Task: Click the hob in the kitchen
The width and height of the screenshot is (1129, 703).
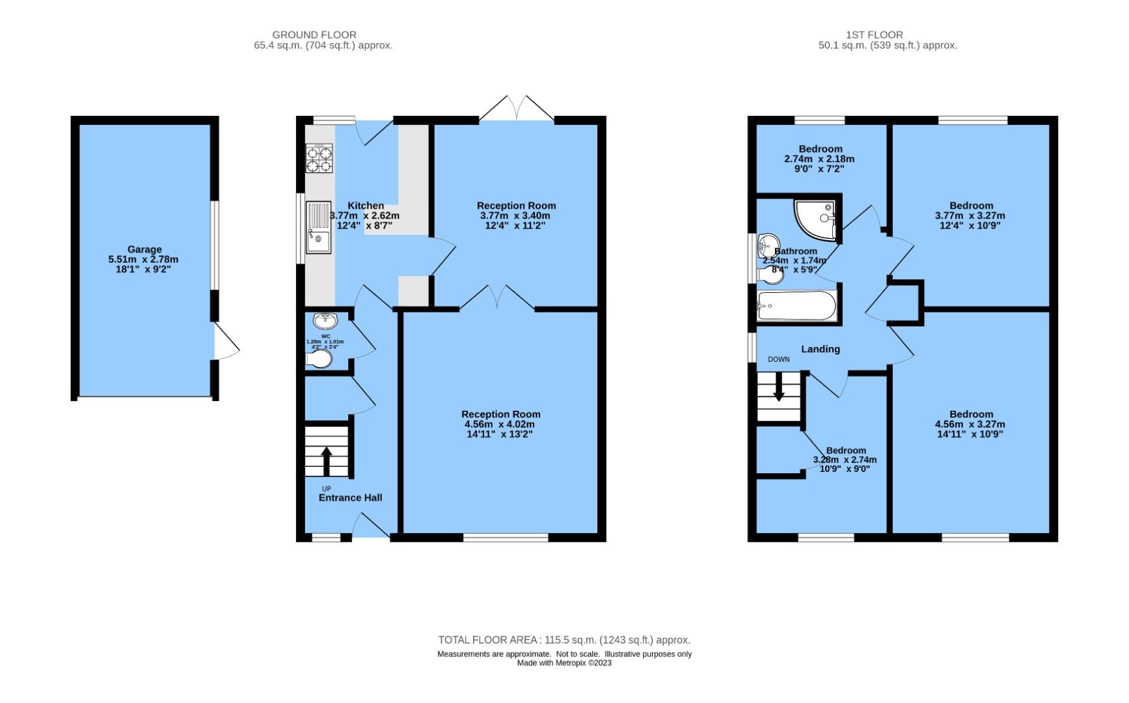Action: point(319,158)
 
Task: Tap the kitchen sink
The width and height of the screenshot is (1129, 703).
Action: point(319,227)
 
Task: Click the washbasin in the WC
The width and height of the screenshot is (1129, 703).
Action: point(325,321)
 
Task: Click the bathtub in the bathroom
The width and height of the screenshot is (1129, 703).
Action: point(797,306)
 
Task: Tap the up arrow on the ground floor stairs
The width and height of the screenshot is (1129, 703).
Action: point(326,460)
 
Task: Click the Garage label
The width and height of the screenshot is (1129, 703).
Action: point(144,249)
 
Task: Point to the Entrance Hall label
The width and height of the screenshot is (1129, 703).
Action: point(350,498)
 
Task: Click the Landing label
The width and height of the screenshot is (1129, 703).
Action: point(820,350)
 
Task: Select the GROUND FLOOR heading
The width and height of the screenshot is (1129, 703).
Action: point(314,34)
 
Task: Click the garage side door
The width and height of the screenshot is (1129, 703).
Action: point(226,342)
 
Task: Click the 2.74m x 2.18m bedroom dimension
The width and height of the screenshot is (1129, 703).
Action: point(819,159)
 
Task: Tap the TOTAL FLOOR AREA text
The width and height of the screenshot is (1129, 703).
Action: point(564,640)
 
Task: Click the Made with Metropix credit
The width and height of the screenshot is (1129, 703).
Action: point(564,663)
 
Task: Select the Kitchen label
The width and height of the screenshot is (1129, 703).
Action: point(365,206)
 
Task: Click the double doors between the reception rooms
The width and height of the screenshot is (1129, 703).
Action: point(497,298)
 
